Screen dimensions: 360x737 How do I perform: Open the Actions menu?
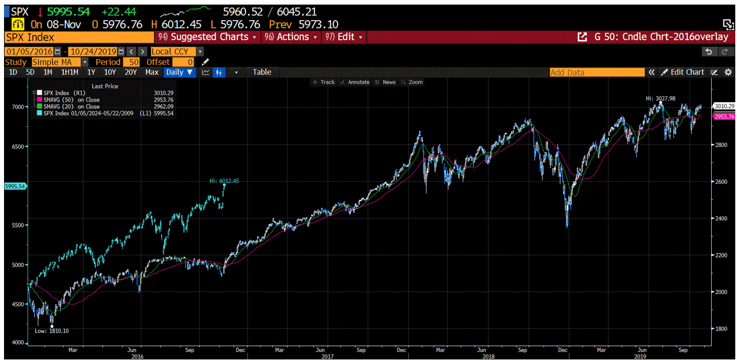tap(292, 37)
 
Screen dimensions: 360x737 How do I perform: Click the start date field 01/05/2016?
tap(32, 52)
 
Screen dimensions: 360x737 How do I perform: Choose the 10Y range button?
tap(110, 72)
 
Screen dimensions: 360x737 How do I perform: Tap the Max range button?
tap(152, 72)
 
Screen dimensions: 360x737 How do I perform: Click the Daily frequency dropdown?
tap(179, 72)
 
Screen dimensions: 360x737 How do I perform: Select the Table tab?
tap(262, 72)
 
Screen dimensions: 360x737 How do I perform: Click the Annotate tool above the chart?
tap(355, 82)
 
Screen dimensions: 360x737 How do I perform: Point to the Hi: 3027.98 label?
tap(660, 98)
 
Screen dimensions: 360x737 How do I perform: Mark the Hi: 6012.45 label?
tap(224, 181)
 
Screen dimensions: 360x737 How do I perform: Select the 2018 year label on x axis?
tap(488, 356)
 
